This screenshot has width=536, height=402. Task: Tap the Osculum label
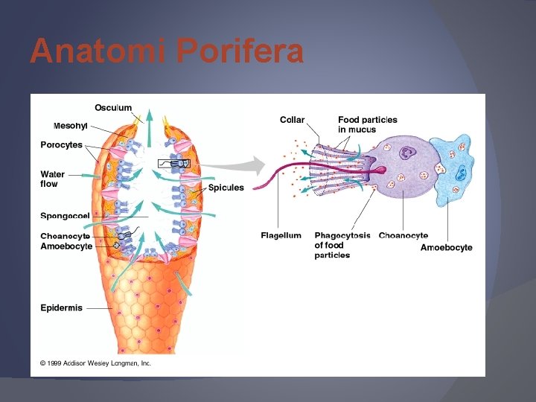tap(113, 108)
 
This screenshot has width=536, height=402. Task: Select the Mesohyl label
tap(71, 126)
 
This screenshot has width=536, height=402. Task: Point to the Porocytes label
tap(61, 145)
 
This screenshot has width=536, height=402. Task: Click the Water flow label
tap(53, 179)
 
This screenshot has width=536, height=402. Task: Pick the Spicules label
tap(226, 188)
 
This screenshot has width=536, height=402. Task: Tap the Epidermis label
tap(61, 307)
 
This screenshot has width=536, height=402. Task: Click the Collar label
tap(293, 120)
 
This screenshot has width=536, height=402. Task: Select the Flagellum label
tap(281, 236)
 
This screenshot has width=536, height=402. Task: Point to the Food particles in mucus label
tap(368, 124)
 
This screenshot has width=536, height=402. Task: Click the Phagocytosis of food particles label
tap(342, 245)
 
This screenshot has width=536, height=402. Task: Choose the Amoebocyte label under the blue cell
tap(446, 247)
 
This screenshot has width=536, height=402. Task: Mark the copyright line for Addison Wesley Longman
tap(95, 363)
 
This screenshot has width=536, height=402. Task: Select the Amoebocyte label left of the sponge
tap(66, 246)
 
